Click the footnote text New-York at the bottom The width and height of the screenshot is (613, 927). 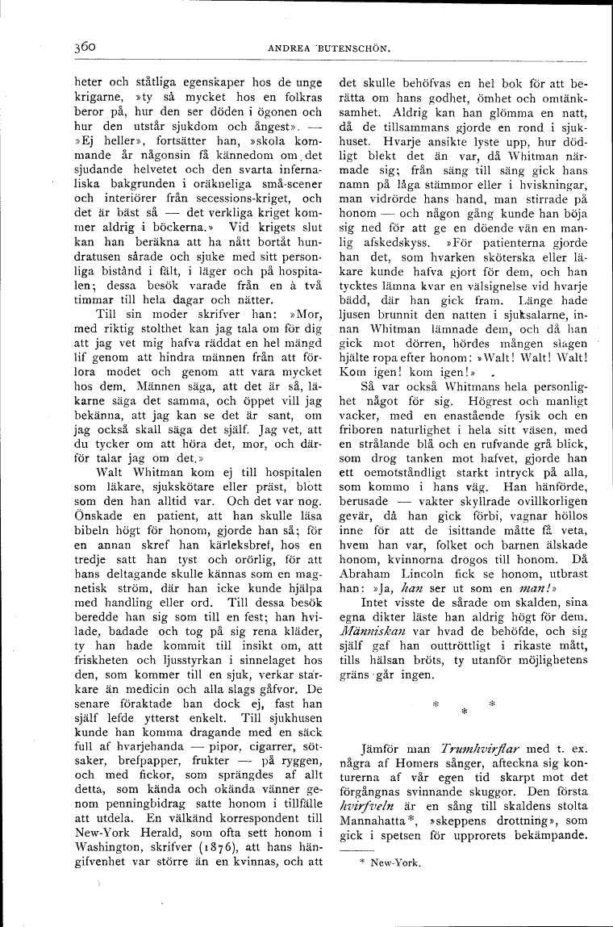coord(392,860)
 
